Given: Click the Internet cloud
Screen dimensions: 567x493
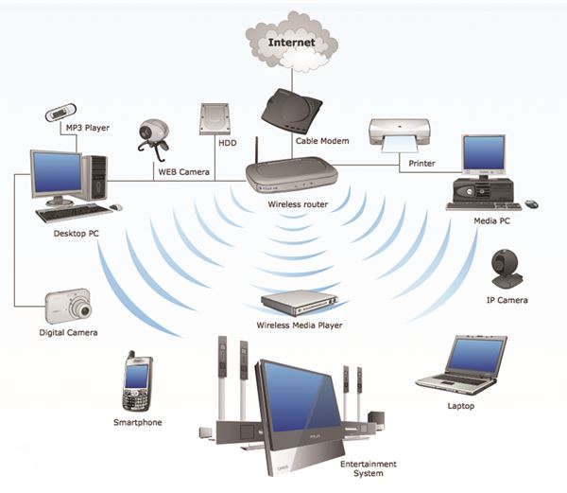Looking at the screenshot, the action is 291,42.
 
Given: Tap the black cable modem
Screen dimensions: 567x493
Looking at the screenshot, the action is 291,112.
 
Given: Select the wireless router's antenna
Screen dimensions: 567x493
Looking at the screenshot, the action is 257,150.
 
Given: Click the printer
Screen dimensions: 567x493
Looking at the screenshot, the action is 400,135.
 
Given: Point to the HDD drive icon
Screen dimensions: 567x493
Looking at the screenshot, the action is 215,119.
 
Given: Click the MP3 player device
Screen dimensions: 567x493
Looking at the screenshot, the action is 60,113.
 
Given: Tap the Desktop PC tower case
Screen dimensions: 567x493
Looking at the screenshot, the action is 94,177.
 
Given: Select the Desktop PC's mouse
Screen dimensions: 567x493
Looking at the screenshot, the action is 115,207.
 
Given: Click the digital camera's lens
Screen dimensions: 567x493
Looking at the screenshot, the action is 85,309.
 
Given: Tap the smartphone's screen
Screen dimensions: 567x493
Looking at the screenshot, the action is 136,377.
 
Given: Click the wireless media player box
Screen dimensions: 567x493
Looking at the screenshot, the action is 300,303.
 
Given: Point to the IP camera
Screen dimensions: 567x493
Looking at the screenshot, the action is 506,269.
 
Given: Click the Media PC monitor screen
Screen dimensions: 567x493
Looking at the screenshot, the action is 484,153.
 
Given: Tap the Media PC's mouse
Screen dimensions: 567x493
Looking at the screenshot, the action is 531,204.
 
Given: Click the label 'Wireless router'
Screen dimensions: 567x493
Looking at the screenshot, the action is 298,204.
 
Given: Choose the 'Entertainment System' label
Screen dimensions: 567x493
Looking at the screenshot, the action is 369,468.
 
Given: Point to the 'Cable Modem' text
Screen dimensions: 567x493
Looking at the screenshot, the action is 322,141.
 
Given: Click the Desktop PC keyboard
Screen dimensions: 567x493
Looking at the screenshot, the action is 74,213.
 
